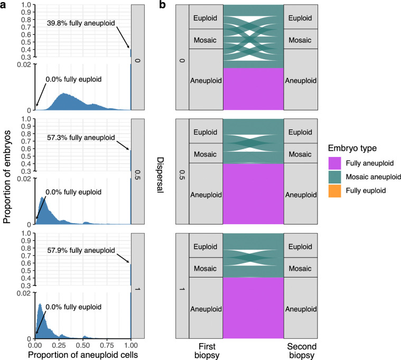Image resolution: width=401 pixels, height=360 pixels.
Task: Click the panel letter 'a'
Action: [x=4, y=5]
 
